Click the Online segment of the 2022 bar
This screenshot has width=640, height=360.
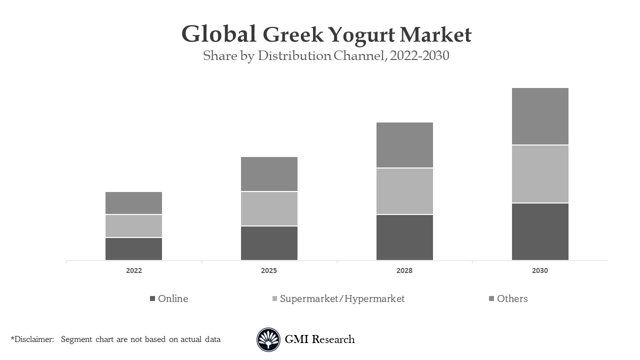(x=133, y=248)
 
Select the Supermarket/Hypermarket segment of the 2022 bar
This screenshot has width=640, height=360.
(x=133, y=226)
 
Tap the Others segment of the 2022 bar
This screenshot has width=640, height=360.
(x=133, y=203)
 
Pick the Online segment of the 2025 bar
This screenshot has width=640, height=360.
(x=269, y=243)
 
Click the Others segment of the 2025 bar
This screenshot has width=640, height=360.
(x=269, y=174)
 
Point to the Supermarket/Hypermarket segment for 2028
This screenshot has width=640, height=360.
(x=404, y=191)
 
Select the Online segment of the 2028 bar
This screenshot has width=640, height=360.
(x=404, y=237)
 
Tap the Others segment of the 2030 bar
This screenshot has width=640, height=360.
(x=540, y=116)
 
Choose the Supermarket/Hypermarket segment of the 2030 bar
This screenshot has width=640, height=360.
(x=540, y=174)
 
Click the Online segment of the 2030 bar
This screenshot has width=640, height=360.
(x=540, y=231)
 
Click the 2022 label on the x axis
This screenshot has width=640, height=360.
(x=133, y=270)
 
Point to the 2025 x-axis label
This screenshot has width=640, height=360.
(x=269, y=270)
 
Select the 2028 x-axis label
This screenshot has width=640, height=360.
(x=404, y=270)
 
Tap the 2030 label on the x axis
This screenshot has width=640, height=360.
(x=540, y=270)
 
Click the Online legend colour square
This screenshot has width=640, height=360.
(x=152, y=298)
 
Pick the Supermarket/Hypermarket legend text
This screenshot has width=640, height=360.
(x=342, y=298)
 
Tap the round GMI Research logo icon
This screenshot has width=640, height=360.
(x=268, y=339)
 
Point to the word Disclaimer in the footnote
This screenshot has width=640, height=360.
(x=34, y=339)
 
